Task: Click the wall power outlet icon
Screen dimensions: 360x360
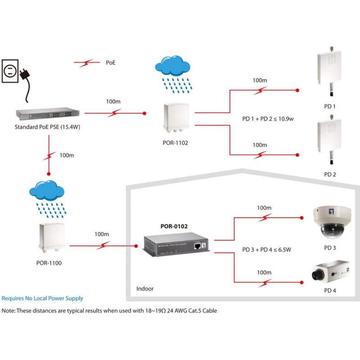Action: [10, 70]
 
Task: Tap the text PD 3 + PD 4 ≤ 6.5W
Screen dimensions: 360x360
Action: [267, 249]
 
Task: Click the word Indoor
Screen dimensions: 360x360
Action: [145, 288]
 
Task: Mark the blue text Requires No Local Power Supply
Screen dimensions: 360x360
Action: [43, 298]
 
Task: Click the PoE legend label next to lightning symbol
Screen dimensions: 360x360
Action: [111, 63]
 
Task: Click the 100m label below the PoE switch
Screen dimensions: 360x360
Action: [67, 155]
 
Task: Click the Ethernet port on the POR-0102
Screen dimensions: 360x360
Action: [198, 246]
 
